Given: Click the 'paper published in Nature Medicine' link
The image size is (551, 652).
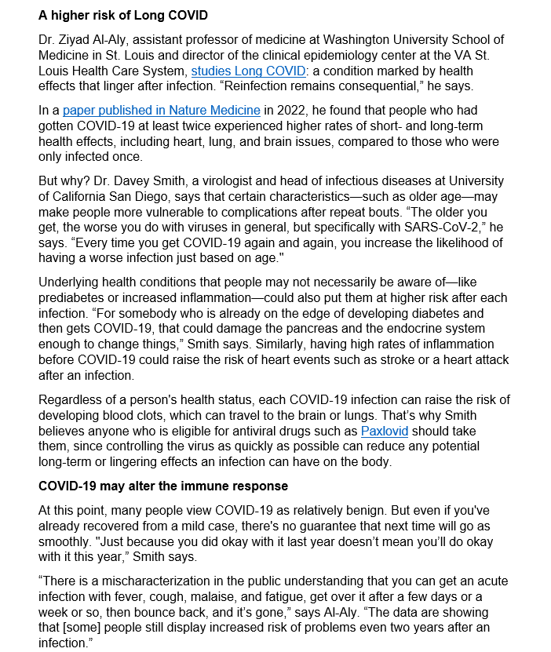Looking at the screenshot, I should coord(161,111).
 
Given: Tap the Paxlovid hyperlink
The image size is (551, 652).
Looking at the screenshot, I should coord(386,431).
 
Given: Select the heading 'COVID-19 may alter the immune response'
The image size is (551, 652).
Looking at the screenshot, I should coord(162,486).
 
